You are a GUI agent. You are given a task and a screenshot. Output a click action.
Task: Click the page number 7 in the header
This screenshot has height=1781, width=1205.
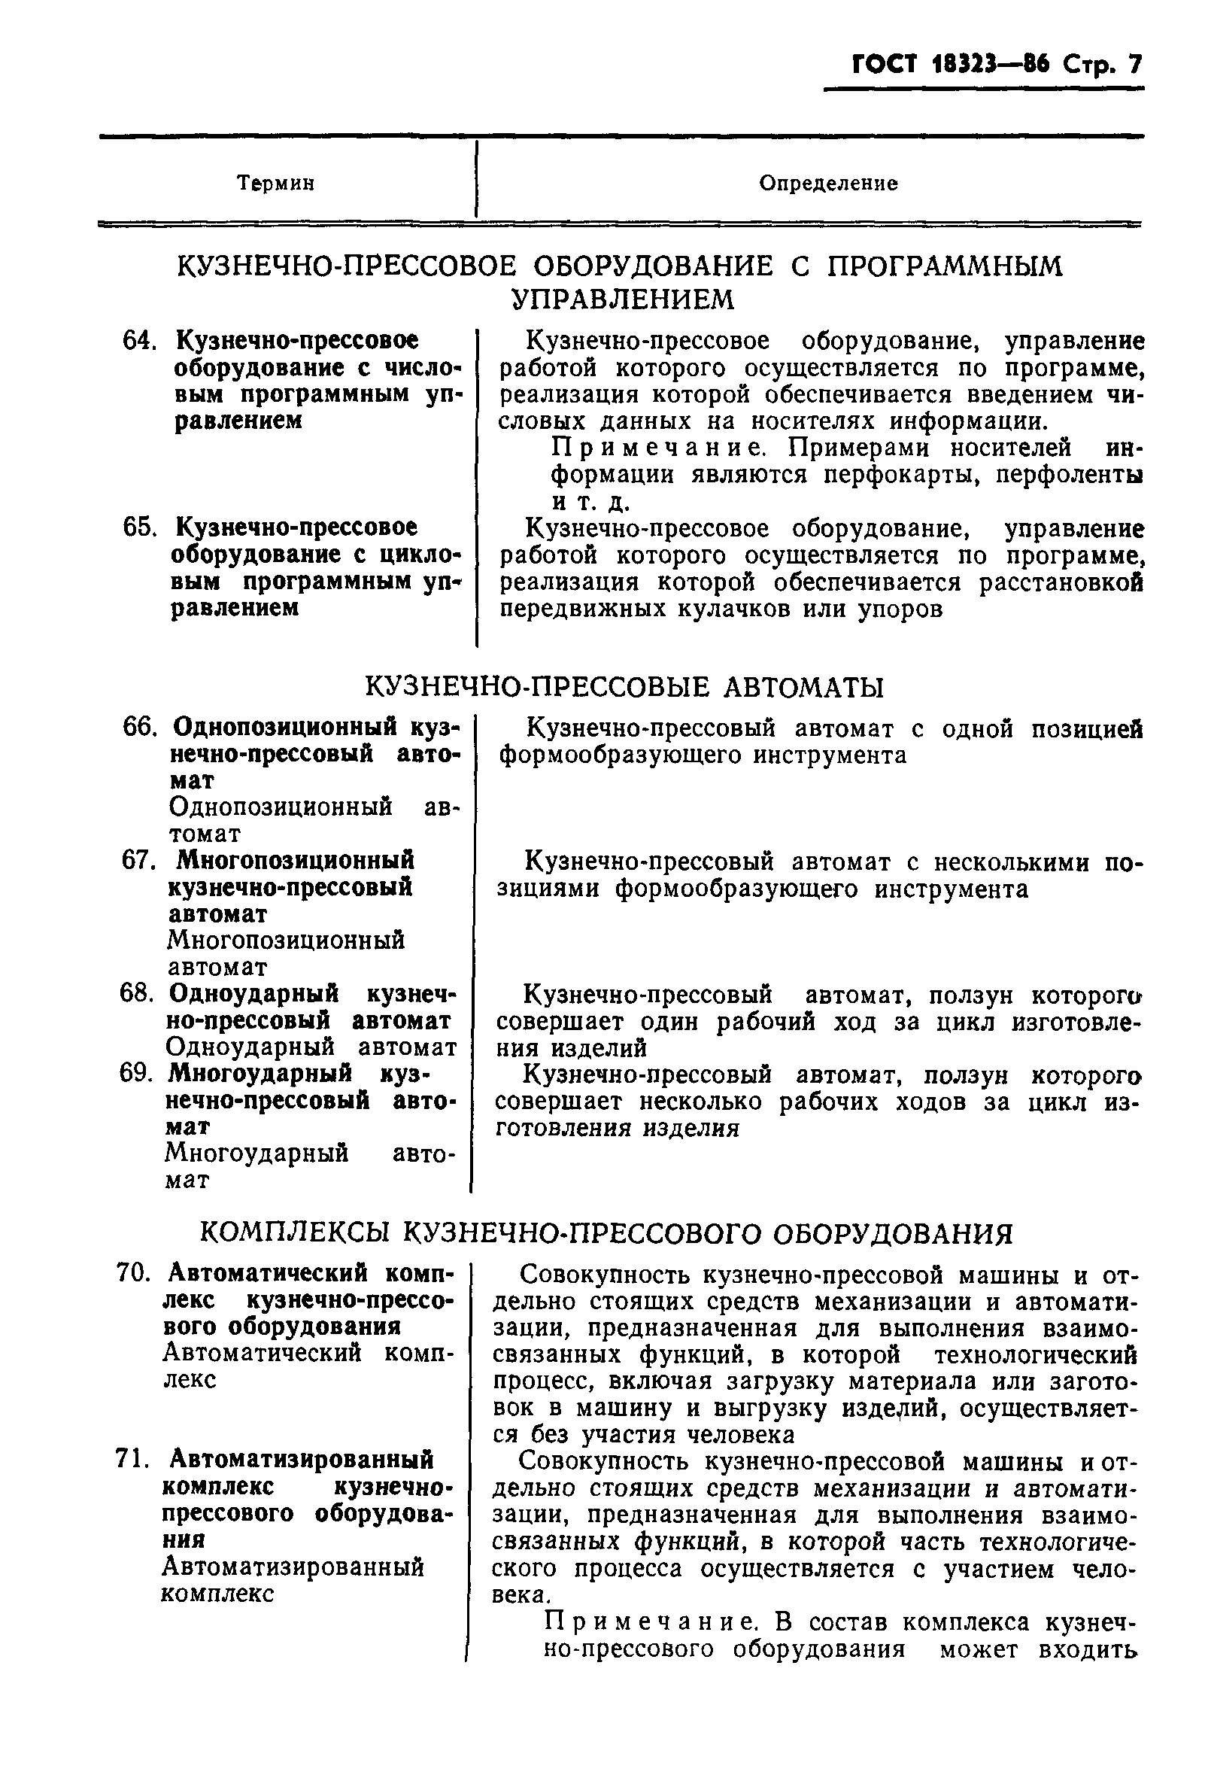[1133, 65]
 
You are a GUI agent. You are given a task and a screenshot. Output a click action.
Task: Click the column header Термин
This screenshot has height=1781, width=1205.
[276, 184]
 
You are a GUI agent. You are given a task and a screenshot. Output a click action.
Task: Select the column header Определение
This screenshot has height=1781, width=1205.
[828, 184]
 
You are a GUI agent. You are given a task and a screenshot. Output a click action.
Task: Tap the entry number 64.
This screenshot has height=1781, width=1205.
[139, 340]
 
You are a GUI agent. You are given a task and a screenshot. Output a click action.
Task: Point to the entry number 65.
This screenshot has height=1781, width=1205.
[139, 528]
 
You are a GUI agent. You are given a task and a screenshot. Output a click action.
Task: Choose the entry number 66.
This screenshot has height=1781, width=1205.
[139, 727]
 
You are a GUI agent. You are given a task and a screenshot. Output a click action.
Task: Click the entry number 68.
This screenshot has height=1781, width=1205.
[137, 993]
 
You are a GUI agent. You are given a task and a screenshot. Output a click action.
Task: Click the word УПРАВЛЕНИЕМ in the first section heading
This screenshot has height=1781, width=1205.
[622, 299]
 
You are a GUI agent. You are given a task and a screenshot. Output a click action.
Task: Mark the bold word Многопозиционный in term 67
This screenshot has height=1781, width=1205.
[296, 860]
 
